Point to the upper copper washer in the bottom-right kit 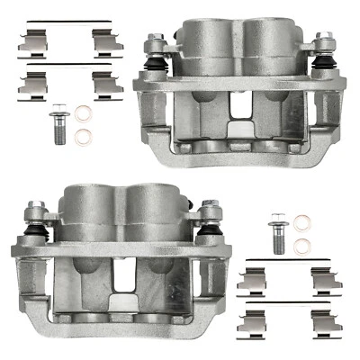[x=303, y=221]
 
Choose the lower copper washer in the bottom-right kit [x=303, y=242]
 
